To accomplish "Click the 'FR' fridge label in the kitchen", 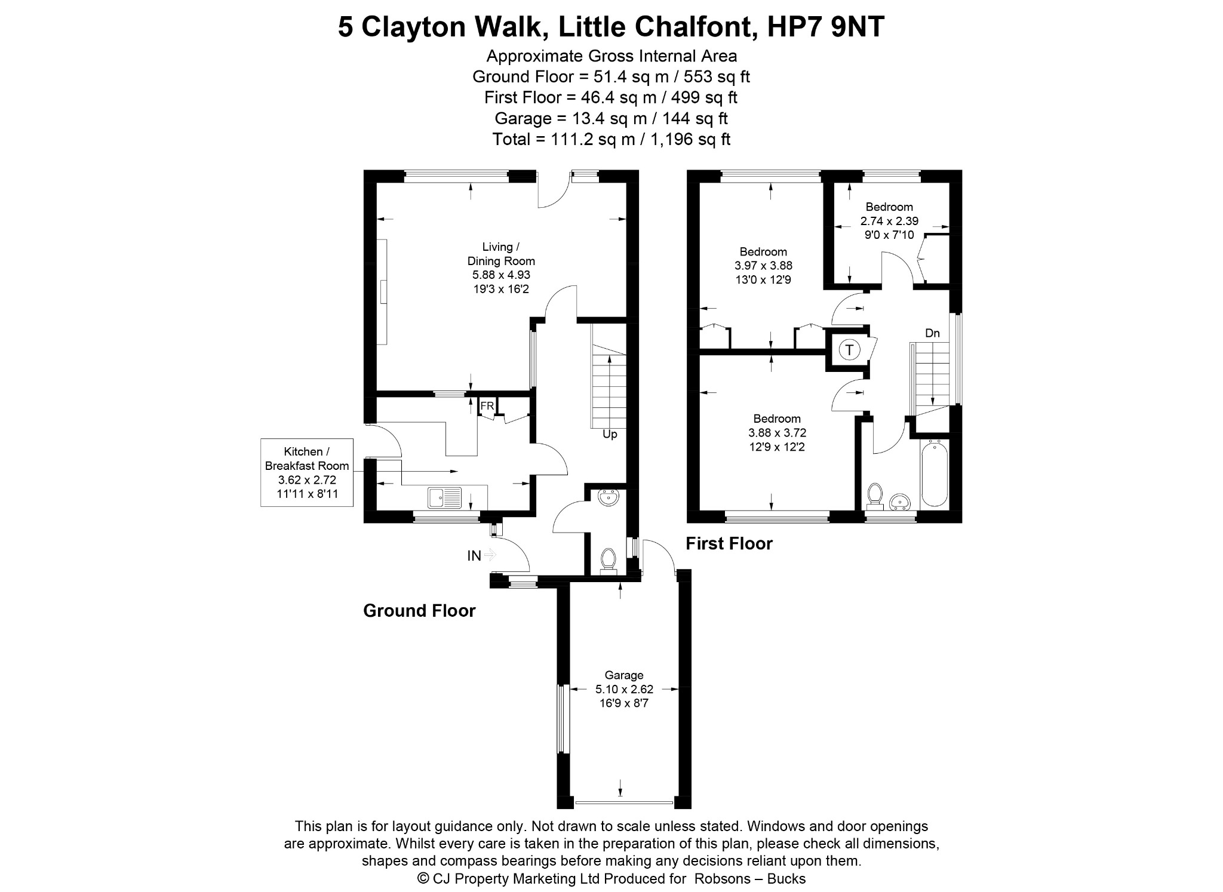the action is coord(487,406).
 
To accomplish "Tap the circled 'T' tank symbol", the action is coord(849,349).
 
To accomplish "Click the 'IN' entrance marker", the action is coord(474,556).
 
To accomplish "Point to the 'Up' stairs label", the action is coord(610,434).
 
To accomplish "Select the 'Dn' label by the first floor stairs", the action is coord(932,333).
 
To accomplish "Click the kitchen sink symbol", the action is coord(445,497).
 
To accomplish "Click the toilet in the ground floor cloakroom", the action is coord(609,561).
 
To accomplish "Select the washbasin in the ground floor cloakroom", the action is coord(609,497).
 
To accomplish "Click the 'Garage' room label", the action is coord(624,675).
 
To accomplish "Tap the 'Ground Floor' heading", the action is coord(419,611).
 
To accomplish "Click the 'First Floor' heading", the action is coord(729,543).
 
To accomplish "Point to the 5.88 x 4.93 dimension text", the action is coord(501,275).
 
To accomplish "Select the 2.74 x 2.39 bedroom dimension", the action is coord(889,221).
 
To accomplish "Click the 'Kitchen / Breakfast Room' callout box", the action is coord(307,472).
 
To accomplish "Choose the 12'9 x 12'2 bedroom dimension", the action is coord(777,447).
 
